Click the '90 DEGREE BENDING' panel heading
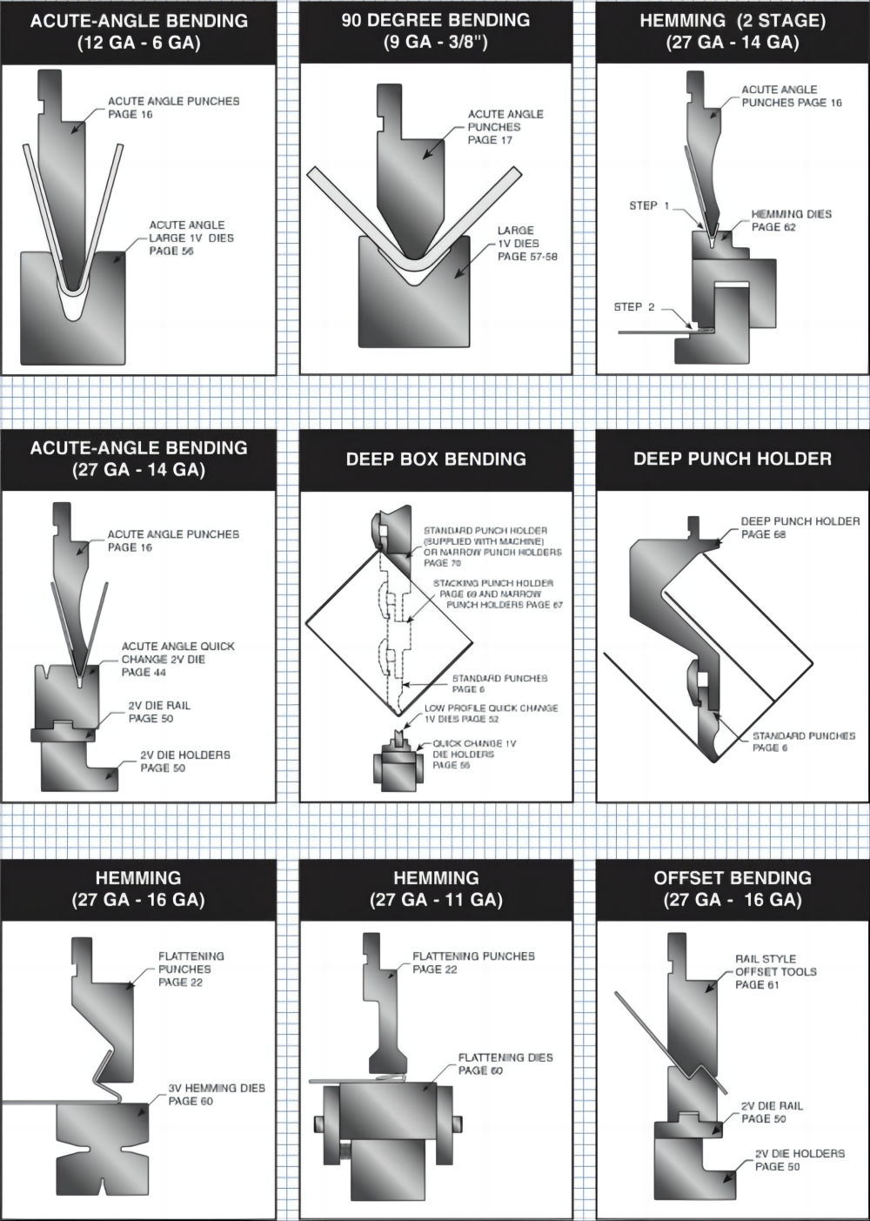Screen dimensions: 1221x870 435,20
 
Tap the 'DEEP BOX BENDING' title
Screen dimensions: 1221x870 435,459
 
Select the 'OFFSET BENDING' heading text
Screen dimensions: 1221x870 733,877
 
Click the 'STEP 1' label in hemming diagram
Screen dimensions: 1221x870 649,205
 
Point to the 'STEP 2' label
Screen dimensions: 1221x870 633,306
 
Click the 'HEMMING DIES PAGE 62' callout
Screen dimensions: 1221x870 791,220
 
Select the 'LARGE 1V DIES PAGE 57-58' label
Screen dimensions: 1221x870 526,244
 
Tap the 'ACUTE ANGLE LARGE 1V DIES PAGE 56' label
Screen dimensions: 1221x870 191,238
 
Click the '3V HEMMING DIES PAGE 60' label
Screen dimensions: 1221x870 216,1094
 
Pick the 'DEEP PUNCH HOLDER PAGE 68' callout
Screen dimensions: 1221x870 799,527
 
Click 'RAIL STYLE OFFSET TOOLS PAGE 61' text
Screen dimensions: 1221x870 774,971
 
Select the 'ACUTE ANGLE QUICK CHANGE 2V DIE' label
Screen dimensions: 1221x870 177,659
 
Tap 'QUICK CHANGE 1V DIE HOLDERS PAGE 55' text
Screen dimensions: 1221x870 474,754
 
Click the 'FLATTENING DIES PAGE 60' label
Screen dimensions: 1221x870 505,1063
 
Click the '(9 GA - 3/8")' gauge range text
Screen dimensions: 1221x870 435,42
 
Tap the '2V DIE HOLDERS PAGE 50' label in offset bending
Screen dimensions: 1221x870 799,1159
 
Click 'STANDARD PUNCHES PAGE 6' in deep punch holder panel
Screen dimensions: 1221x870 802,741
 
